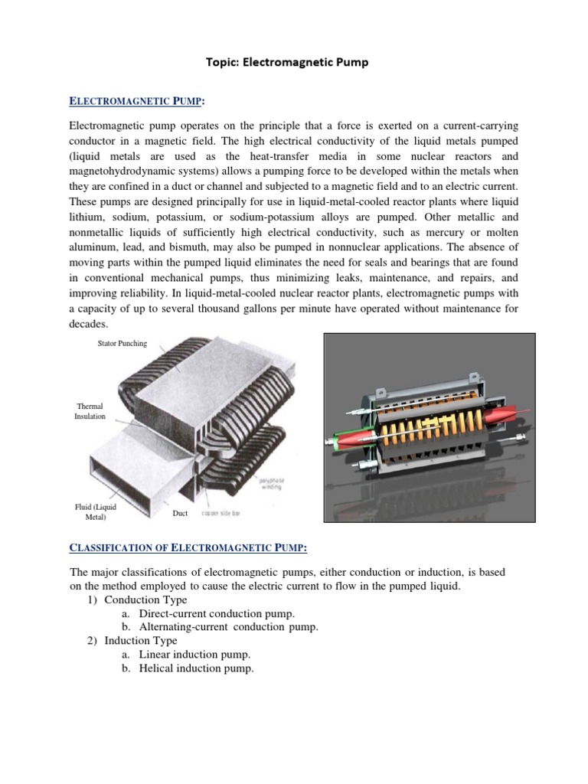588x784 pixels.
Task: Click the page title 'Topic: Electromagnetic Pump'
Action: [286, 63]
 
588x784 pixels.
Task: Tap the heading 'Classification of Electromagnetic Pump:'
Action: [188, 547]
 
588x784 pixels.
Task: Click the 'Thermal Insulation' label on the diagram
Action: [90, 411]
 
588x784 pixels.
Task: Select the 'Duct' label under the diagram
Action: [181, 513]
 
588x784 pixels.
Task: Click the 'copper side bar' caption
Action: [220, 513]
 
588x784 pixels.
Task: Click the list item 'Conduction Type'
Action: [145, 599]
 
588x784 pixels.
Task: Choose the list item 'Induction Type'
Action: [140, 641]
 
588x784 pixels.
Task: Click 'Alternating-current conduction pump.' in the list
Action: [228, 627]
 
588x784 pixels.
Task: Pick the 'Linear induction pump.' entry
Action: [194, 655]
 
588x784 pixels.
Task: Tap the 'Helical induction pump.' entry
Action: [196, 668]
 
